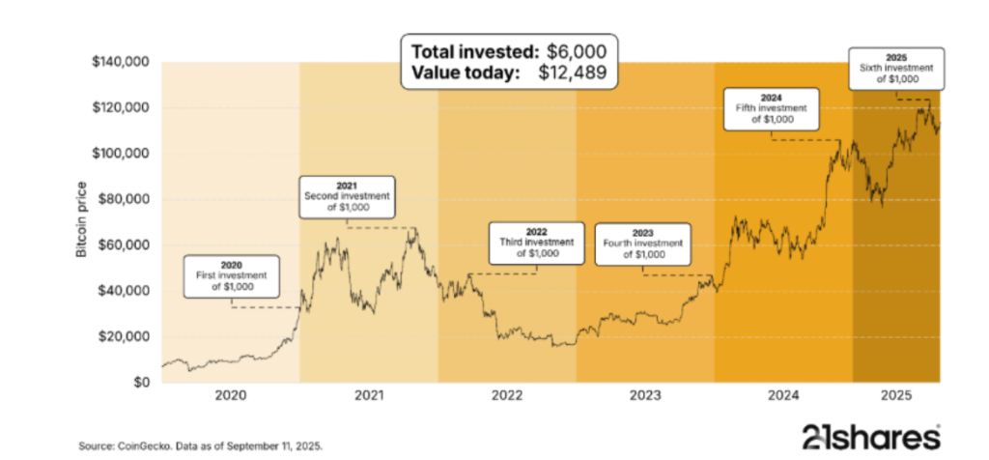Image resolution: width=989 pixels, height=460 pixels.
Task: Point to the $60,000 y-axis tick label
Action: point(124,244)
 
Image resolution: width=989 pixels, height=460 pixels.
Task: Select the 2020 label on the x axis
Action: point(231,395)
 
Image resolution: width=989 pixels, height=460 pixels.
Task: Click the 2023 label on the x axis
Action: point(645,395)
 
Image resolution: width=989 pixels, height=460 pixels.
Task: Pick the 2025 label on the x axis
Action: point(896,395)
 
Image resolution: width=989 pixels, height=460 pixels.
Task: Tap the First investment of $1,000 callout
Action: point(232,276)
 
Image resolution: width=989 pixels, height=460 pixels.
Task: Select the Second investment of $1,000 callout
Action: point(346,197)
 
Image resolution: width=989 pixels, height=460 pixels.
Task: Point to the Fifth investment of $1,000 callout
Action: point(772,109)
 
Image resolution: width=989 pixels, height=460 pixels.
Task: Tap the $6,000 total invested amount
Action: point(577,52)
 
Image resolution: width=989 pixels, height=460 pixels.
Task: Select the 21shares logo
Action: point(870,437)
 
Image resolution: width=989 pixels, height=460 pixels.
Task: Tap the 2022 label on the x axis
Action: point(507,395)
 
